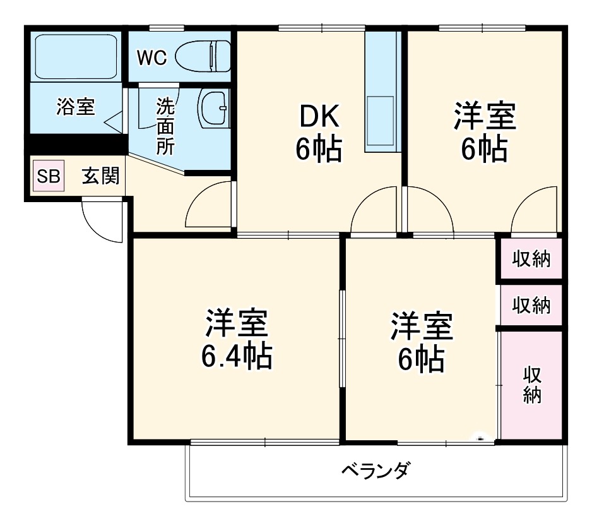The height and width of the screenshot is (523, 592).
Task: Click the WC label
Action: (151, 57)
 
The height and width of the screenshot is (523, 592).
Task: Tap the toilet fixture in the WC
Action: (201, 56)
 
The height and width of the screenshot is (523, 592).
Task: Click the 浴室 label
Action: (76, 107)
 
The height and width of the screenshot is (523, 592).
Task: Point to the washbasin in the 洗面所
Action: (213, 108)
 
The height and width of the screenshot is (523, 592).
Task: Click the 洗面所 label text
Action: (165, 126)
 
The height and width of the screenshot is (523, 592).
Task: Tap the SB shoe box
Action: (49, 177)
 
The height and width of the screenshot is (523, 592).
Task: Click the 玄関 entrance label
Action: (100, 177)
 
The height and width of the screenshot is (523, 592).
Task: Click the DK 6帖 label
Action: (319, 133)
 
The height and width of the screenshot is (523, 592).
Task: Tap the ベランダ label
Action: (375, 471)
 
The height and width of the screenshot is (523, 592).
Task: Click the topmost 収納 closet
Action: (530, 259)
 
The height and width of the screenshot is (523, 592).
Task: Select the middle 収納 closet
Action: (530, 306)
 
